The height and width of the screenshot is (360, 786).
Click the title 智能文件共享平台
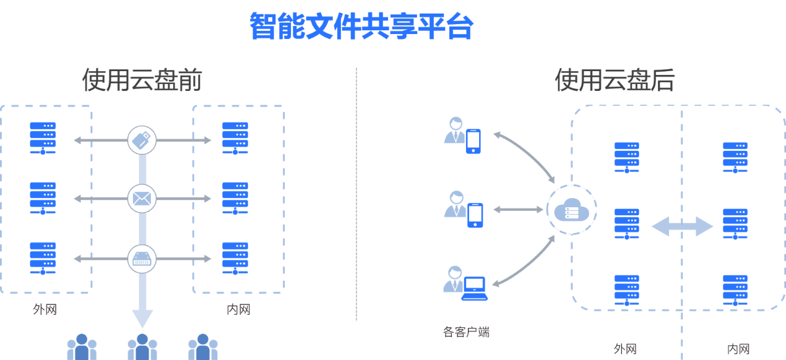[362, 26]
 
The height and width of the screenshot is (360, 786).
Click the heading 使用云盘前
[142, 80]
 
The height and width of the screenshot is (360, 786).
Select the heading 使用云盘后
[614, 80]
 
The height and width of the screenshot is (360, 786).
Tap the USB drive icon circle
[142, 140]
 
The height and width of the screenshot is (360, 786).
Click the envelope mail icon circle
[142, 199]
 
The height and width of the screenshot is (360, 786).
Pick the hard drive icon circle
[142, 259]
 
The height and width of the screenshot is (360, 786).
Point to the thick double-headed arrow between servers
[682, 226]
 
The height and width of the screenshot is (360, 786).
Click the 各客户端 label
[466, 332]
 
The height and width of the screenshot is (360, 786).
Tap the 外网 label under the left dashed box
[45, 309]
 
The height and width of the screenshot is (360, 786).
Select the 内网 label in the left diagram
[238, 309]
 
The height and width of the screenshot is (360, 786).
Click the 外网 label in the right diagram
[625, 349]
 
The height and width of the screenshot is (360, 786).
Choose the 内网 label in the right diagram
[738, 349]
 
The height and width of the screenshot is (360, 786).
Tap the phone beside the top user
[473, 140]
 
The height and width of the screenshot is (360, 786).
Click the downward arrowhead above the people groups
[142, 319]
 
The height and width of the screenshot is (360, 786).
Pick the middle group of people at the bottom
[142, 348]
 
